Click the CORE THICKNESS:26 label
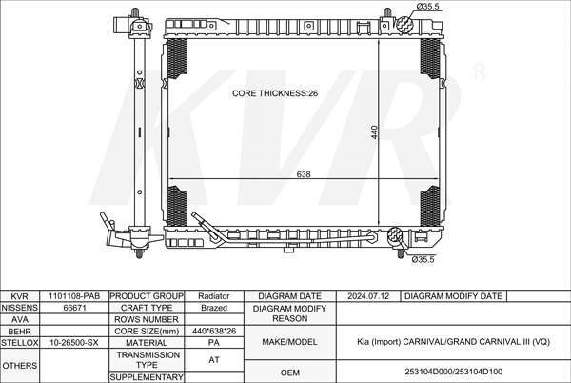[275, 93]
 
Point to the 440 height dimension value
[374, 131]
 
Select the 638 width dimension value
[304, 174]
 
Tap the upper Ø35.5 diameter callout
[428, 7]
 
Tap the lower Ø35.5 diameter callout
[423, 259]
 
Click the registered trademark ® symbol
[480, 71]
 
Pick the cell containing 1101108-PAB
[74, 296]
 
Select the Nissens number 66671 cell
[74, 308]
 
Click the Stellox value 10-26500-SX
[74, 343]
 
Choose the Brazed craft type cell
[214, 308]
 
